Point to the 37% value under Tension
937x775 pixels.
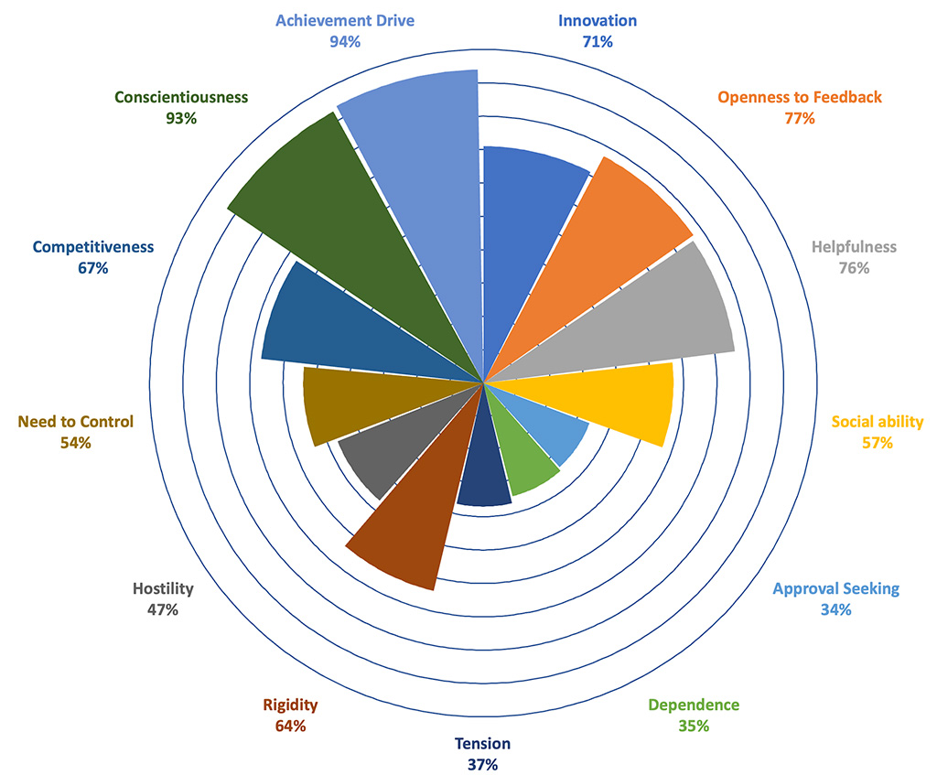pos(482,764)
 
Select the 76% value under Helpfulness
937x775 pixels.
pos(854,268)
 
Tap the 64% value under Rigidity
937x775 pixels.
pos(290,726)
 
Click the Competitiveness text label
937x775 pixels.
pos(93,247)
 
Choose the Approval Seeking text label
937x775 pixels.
pos(835,588)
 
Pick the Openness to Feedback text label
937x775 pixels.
pos(799,97)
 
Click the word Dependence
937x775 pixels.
pos(694,705)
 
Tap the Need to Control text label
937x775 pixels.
pos(75,422)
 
